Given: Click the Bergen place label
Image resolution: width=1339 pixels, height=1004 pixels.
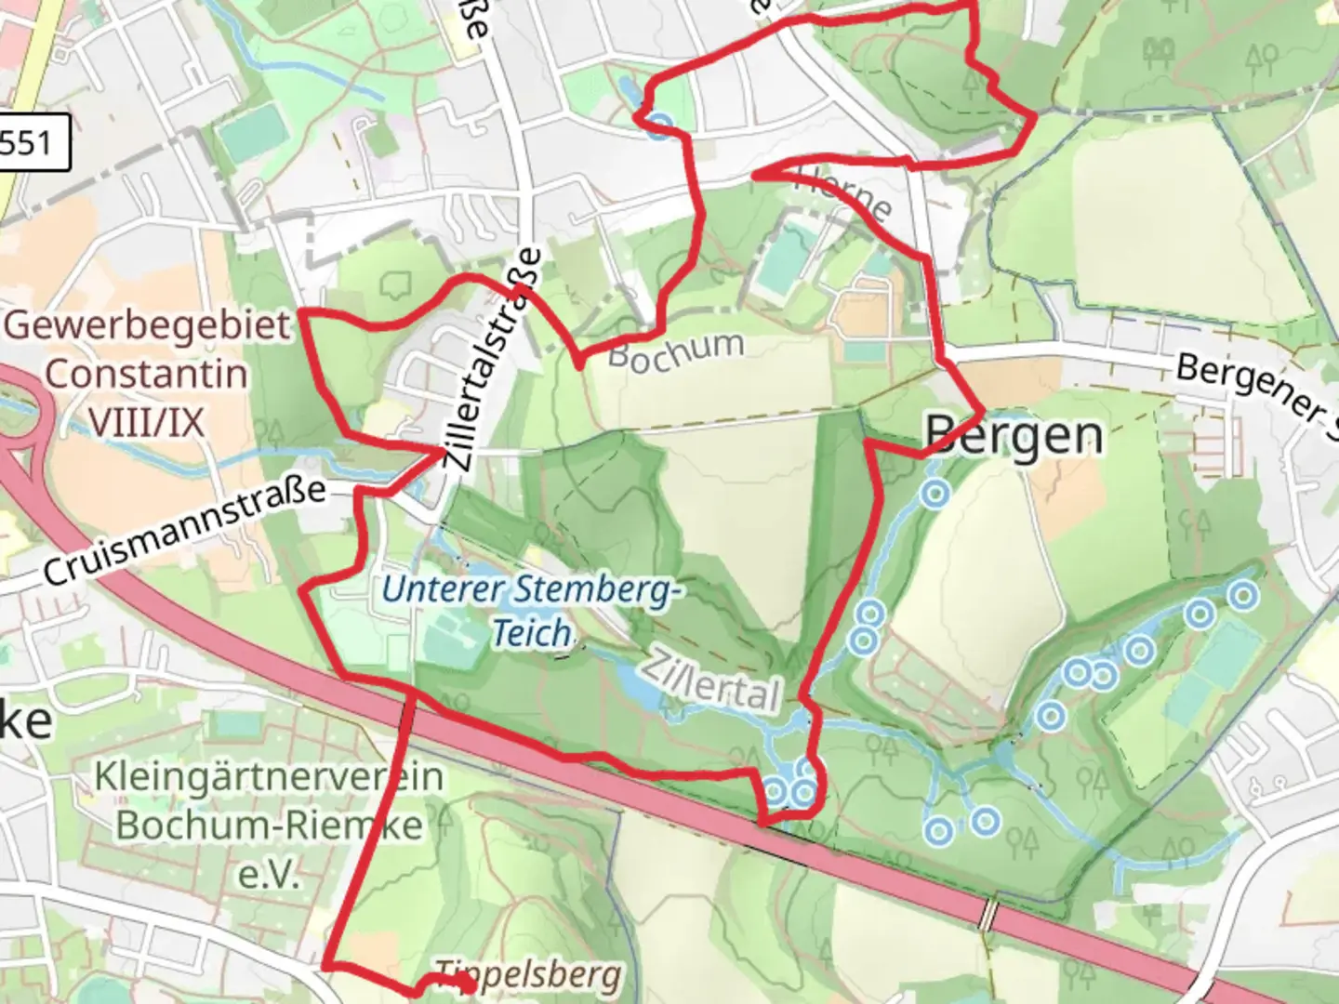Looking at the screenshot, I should (x=1014, y=435).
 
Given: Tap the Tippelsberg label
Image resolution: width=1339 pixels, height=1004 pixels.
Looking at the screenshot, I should (x=528, y=975).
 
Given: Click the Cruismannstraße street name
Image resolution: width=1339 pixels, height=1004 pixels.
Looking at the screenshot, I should (x=184, y=532).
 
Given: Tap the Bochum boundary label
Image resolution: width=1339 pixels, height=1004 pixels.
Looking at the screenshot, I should (x=676, y=351).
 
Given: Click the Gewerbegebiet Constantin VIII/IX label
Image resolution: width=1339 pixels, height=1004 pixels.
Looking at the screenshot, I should (x=147, y=375).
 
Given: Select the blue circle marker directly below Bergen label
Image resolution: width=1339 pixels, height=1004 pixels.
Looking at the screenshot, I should (x=935, y=494).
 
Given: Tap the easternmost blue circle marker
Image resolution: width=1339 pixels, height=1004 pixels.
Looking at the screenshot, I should (x=1243, y=593).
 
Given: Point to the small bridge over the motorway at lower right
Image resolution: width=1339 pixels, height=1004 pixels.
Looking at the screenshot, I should (x=988, y=914).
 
